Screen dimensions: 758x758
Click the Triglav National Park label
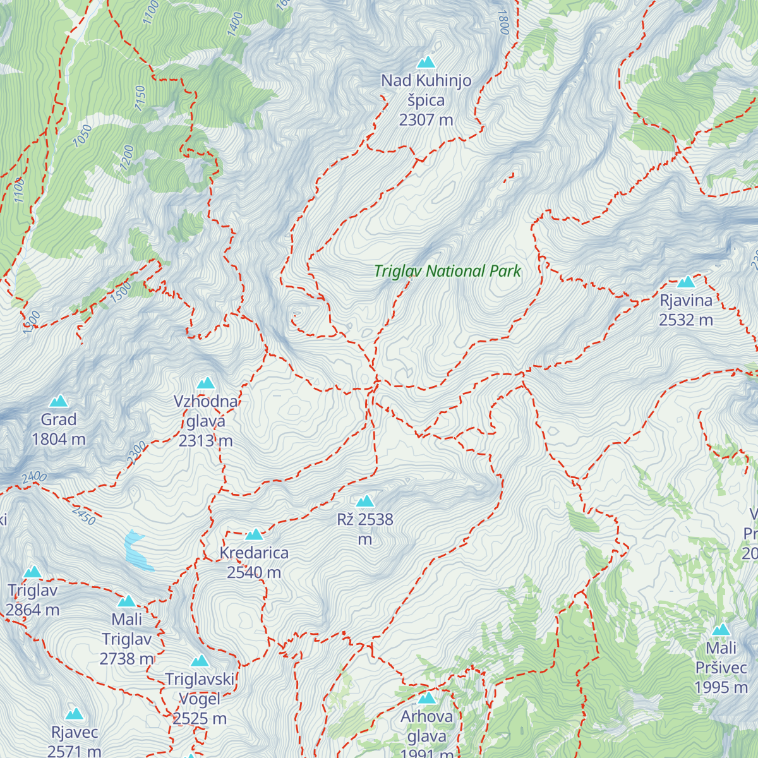tap(447, 271)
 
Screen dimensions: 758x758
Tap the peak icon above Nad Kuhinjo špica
tap(426, 62)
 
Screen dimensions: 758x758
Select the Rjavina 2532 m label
tap(686, 310)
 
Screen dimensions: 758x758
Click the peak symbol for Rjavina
tap(686, 282)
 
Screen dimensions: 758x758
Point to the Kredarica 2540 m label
tap(254, 562)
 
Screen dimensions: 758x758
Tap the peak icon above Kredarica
tap(254, 534)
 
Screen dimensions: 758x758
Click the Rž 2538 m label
tap(365, 529)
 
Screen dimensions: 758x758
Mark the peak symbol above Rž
tap(365, 502)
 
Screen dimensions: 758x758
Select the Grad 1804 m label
tap(59, 429)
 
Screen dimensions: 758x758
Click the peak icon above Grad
tap(59, 401)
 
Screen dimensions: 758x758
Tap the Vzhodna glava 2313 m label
tap(206, 421)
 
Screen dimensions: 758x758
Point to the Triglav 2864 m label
tap(33, 600)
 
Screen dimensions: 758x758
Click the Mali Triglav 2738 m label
tap(127, 639)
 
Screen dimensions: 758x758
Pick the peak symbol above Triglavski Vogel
tap(200, 661)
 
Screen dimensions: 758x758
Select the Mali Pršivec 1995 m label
tap(721, 667)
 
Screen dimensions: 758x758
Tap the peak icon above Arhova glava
tap(427, 698)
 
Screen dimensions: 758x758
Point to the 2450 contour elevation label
tap(83, 515)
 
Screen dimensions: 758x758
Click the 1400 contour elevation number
tap(234, 24)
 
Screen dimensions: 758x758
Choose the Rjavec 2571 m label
tap(75, 742)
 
